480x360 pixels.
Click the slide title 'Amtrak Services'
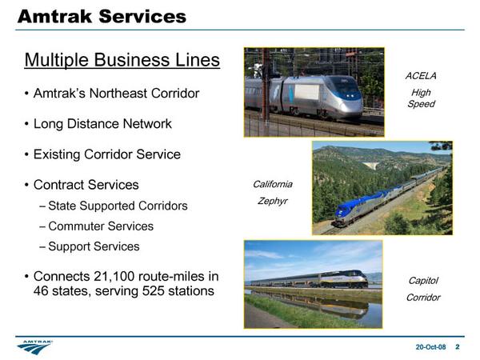[102, 16]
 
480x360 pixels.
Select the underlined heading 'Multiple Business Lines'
[122, 60]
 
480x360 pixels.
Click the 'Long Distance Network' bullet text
[102, 124]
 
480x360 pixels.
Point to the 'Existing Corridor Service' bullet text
[107, 154]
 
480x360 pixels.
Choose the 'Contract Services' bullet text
[86, 185]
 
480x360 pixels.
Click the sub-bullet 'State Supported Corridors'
[118, 206]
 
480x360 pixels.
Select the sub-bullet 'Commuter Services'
[101, 226]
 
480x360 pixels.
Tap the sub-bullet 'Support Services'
[94, 246]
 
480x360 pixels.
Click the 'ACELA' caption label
[421, 76]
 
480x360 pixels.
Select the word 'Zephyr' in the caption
[273, 201]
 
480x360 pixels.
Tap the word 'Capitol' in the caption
[423, 281]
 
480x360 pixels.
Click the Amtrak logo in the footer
[35, 347]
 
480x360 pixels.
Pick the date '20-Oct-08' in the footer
[430, 347]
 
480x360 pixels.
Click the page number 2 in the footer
[458, 347]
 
